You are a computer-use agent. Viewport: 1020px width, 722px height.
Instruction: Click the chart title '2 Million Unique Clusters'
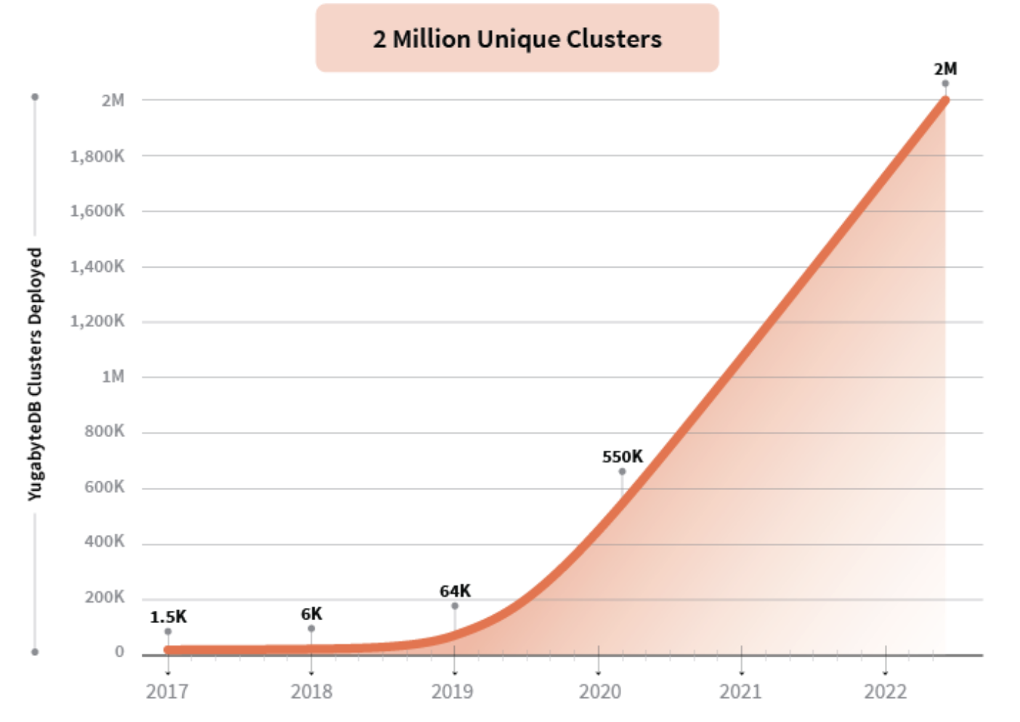(517, 39)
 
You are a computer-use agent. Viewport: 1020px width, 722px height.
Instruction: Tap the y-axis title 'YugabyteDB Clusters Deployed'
(35, 374)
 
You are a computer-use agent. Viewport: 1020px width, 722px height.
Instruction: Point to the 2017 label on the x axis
(167, 691)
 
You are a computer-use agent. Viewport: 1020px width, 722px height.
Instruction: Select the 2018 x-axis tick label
(311, 691)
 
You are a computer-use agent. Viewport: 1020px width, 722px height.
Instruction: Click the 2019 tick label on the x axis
(452, 691)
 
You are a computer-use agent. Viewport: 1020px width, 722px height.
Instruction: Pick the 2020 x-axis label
(599, 691)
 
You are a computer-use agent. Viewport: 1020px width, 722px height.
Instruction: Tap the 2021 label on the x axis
(740, 691)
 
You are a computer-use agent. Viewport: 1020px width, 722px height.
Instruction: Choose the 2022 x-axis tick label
(885, 691)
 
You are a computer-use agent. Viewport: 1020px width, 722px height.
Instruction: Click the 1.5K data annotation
(168, 617)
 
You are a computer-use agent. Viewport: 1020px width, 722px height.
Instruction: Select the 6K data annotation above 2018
(311, 614)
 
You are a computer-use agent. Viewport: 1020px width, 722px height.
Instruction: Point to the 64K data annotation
(455, 591)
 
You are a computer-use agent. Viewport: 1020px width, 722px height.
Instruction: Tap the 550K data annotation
(622, 457)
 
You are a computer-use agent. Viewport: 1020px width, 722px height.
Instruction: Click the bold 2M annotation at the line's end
(945, 69)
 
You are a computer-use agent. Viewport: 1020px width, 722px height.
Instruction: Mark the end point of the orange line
(944, 100)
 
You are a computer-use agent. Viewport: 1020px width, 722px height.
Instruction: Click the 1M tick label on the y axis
(113, 377)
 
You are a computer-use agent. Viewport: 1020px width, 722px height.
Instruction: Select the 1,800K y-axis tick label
(97, 156)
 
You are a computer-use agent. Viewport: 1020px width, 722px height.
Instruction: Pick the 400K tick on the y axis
(104, 542)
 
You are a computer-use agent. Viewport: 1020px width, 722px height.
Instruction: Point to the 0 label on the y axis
(119, 652)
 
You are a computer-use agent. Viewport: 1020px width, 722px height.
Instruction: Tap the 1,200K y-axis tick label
(97, 321)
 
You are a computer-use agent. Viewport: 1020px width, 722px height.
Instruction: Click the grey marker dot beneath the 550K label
(622, 472)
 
